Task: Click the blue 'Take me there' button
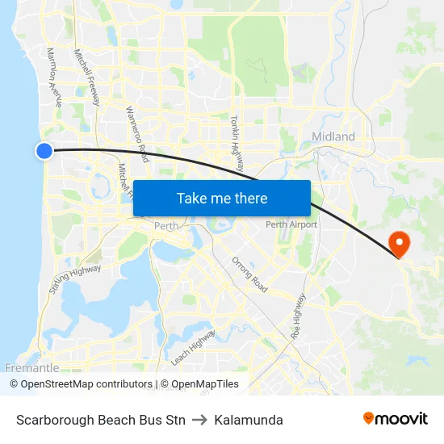(222, 198)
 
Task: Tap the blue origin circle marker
(44, 150)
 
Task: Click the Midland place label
(333, 137)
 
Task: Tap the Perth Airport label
(291, 224)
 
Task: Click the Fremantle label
(32, 368)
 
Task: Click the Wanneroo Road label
(137, 133)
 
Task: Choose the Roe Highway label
(299, 314)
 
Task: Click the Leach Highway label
(193, 346)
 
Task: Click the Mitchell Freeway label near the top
(86, 77)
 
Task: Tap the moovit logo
(396, 419)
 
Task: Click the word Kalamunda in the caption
(249, 420)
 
